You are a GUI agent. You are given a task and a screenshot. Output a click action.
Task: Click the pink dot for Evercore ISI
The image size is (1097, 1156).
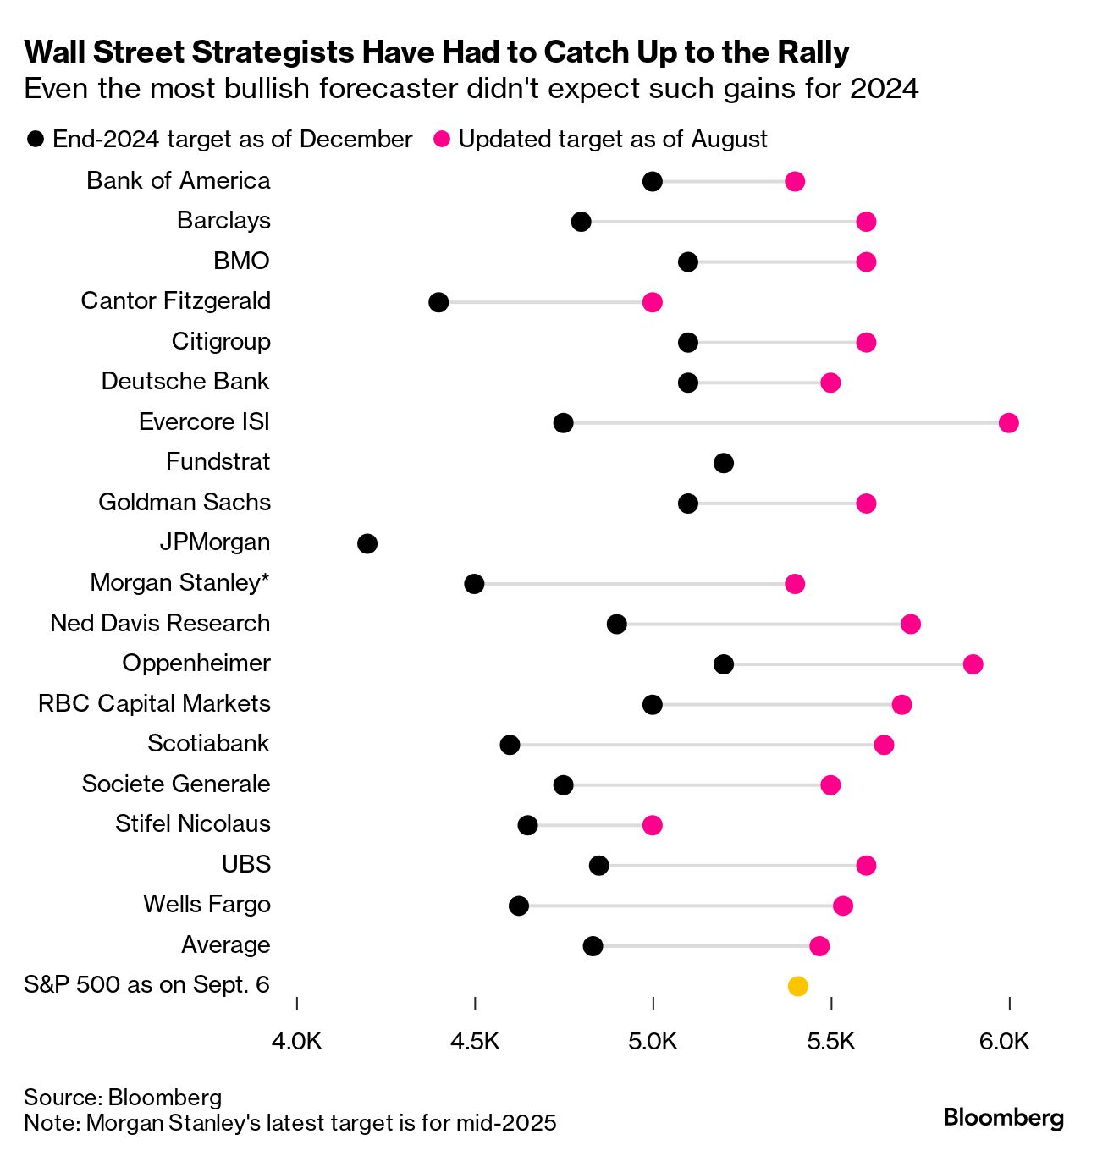[x=1008, y=423]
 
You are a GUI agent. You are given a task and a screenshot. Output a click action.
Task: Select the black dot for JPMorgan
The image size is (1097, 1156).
[x=367, y=543]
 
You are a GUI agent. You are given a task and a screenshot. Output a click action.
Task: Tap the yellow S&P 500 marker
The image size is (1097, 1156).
[x=797, y=986]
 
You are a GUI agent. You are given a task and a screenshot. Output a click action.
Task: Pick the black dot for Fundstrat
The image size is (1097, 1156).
[x=724, y=463]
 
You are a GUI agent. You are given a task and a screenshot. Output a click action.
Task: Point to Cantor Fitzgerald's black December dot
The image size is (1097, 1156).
[x=438, y=302]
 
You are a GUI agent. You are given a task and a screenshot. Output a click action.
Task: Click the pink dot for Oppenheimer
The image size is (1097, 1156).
[x=973, y=664]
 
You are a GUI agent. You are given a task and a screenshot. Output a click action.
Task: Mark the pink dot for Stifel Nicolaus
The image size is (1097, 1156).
[x=652, y=825]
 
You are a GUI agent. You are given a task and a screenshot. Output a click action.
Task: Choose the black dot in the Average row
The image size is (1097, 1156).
[x=593, y=946]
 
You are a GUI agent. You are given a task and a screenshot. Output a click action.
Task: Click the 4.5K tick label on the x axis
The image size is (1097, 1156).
[x=475, y=1041]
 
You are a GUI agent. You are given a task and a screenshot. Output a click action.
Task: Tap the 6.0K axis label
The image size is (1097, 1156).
[x=1005, y=1041]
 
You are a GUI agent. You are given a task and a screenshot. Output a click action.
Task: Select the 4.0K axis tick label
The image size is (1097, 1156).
[x=297, y=1041]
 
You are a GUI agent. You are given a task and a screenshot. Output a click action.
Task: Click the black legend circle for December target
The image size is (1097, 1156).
[x=36, y=140]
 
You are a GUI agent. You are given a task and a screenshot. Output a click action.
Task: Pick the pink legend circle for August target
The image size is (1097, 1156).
[x=442, y=140]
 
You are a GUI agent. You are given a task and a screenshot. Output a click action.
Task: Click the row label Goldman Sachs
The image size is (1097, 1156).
[x=185, y=503]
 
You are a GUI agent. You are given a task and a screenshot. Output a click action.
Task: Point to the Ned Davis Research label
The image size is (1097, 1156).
[x=160, y=624]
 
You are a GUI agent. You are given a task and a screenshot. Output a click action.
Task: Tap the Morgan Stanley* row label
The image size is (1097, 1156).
[x=180, y=583]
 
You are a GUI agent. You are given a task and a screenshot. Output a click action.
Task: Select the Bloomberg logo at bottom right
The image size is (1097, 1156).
[x=1003, y=1118]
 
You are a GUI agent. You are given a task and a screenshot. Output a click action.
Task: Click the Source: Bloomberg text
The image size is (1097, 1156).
[x=123, y=1098]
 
